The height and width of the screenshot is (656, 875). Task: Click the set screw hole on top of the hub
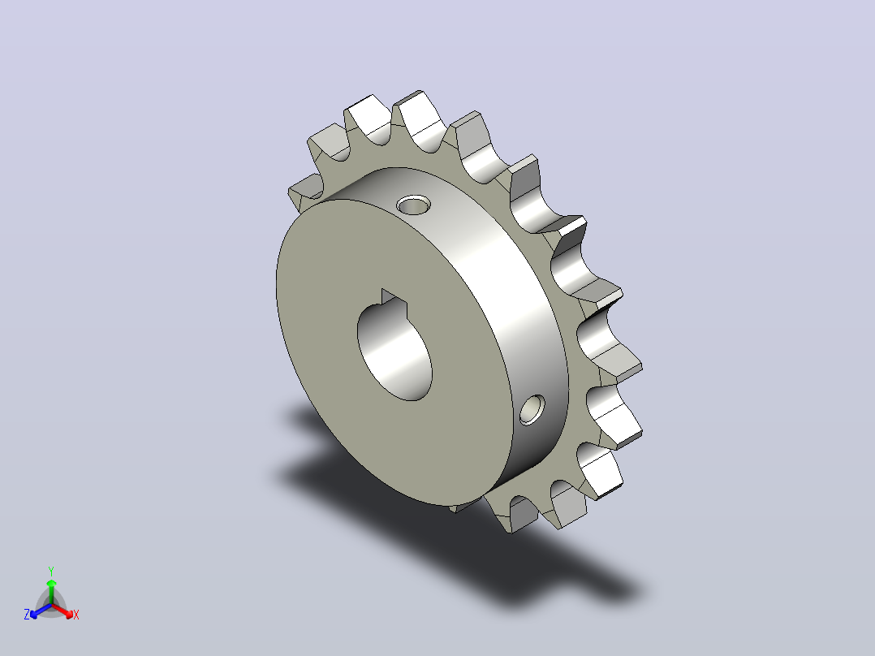(x=413, y=205)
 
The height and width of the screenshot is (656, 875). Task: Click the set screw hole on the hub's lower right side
(x=532, y=409)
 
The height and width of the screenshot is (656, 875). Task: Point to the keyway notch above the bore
(x=394, y=299)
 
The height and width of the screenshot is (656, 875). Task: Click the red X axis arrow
(x=62, y=611)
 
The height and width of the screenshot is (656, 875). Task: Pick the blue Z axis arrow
(x=41, y=611)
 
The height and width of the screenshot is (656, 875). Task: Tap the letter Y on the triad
(x=51, y=571)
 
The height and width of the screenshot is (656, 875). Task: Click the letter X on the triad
(x=76, y=615)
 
